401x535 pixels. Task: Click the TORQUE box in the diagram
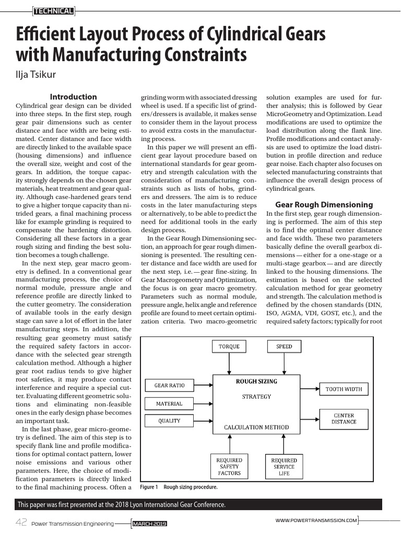coord(229,346)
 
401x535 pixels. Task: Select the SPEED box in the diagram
coord(284,346)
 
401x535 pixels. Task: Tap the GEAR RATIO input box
coord(170,386)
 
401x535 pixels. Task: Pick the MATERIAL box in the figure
coord(170,403)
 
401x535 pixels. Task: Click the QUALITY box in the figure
coord(170,421)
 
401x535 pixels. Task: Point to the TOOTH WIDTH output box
coord(344,389)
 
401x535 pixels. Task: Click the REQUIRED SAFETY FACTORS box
coord(229,466)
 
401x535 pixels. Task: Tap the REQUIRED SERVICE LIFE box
coord(284,467)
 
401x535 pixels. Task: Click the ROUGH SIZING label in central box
coord(256,381)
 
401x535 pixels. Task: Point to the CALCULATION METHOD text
coord(256,427)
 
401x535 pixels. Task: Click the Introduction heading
coord(73,97)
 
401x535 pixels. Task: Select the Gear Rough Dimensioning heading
coord(324,205)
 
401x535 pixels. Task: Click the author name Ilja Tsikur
coord(36,74)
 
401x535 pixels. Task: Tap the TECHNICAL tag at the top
coord(53,11)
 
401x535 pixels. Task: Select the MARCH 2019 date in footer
coord(149,524)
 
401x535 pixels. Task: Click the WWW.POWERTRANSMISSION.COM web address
coord(316,520)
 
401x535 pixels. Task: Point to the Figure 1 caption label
coord(149,487)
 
